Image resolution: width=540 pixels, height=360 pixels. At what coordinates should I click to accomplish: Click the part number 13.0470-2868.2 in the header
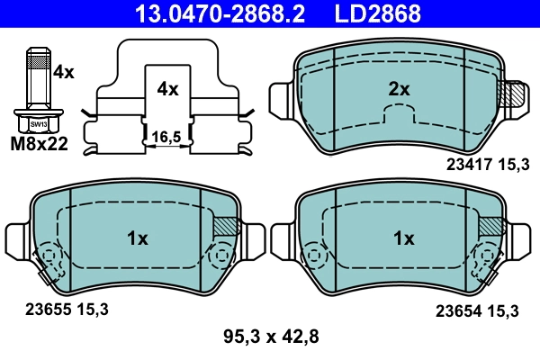[209, 13]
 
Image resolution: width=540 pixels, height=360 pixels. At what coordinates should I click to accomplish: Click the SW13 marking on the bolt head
[37, 123]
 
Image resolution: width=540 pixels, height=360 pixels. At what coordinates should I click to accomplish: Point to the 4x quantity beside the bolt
[64, 70]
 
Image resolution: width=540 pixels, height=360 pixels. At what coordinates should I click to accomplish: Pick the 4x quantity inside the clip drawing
[167, 89]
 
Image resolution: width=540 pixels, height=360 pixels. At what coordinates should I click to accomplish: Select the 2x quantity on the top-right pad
[399, 89]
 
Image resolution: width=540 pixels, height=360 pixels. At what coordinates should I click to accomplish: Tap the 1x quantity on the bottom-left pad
[136, 238]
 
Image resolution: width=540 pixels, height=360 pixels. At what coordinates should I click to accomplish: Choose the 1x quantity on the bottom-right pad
[404, 238]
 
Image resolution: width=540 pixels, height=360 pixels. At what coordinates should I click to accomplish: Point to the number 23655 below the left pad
[40, 310]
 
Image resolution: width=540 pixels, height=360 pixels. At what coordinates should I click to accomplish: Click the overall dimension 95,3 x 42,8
[271, 337]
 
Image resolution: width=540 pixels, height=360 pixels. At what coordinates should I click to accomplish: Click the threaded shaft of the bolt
[37, 76]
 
